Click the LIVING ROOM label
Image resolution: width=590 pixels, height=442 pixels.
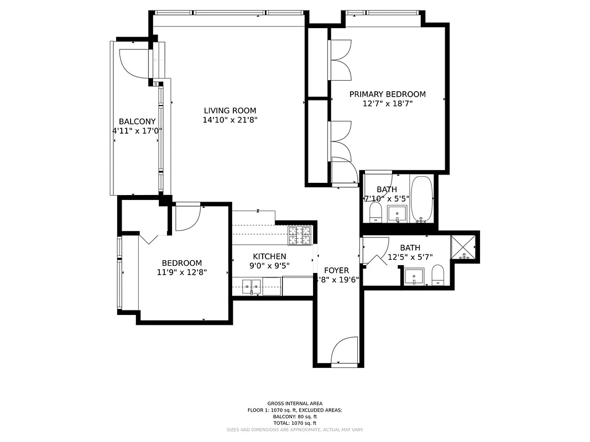(229, 110)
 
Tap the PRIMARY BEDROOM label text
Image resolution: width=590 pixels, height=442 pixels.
(387, 94)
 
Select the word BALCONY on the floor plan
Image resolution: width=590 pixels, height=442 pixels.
(137, 122)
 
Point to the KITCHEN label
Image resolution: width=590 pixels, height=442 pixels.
(269, 256)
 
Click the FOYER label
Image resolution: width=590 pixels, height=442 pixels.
(336, 270)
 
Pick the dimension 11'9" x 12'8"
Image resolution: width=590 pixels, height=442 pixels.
(181, 272)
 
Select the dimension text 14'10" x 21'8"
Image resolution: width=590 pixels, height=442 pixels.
(229, 119)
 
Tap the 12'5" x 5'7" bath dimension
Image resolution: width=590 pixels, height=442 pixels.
(410, 256)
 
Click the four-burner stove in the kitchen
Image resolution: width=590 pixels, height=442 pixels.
(300, 235)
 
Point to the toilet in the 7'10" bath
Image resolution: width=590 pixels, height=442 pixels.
(375, 212)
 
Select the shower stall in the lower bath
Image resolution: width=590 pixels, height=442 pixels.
(464, 247)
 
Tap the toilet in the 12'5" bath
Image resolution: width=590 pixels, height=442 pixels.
(438, 275)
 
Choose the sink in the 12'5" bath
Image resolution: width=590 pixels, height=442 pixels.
(414, 276)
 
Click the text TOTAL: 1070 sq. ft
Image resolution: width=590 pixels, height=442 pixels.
(295, 423)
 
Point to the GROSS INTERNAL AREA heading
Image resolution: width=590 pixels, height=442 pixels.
(295, 403)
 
